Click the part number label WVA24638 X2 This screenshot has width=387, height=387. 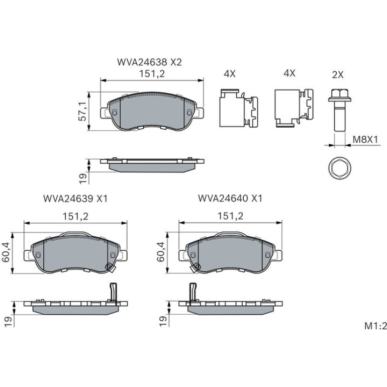(x=149, y=62)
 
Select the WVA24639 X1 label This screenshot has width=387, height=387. (x=75, y=199)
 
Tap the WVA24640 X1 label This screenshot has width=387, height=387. (x=230, y=198)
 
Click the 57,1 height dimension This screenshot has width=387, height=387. (x=82, y=111)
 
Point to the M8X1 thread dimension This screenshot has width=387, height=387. (x=365, y=139)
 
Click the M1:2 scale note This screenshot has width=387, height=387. (x=375, y=326)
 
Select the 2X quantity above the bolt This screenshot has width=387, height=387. (x=338, y=74)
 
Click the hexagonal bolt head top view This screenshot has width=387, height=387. (x=339, y=167)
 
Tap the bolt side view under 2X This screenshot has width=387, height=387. (x=340, y=110)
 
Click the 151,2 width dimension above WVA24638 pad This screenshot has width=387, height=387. (x=152, y=73)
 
